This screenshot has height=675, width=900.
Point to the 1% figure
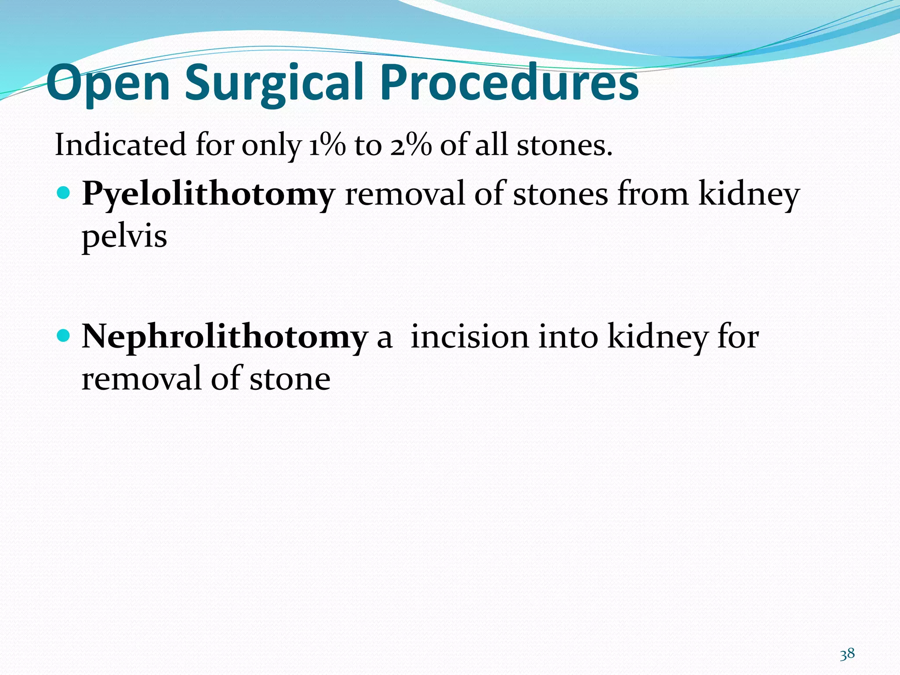[x=327, y=145]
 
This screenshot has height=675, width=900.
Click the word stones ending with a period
[x=564, y=145]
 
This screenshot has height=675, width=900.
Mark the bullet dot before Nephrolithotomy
[x=64, y=336]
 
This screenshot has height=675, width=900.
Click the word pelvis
[x=124, y=237]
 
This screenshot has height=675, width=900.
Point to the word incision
[x=469, y=337]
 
